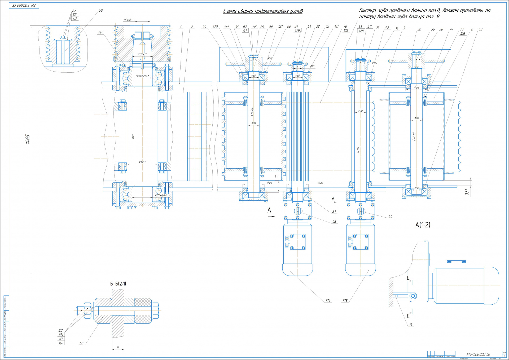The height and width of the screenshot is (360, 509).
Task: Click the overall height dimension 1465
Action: [28, 139]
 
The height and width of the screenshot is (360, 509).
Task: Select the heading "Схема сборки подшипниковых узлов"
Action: [263, 11]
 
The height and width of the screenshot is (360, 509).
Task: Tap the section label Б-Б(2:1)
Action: [118, 284]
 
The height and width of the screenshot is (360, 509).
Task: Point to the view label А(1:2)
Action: [423, 225]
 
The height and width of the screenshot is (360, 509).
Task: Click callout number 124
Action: [328, 301]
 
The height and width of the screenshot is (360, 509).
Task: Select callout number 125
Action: [345, 301]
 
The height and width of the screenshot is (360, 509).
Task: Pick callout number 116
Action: [100, 33]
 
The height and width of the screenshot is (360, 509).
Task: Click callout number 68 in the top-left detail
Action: [100, 11]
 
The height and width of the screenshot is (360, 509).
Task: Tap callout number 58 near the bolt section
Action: [81, 343]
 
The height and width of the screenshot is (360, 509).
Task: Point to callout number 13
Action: [411, 325]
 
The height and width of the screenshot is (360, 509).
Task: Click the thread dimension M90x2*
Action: [128, 20]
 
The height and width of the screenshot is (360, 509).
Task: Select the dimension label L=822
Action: [251, 111]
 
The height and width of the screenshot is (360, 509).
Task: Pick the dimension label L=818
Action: [414, 136]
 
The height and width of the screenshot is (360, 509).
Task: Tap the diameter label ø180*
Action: [142, 162]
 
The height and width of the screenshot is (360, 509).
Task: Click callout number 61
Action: [334, 212]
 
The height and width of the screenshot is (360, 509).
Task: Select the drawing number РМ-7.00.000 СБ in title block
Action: [478, 354]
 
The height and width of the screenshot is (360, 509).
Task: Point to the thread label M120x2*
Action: [142, 55]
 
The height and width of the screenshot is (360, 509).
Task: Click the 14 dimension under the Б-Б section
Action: [118, 347]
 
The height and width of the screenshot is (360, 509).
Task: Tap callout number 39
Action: [204, 27]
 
